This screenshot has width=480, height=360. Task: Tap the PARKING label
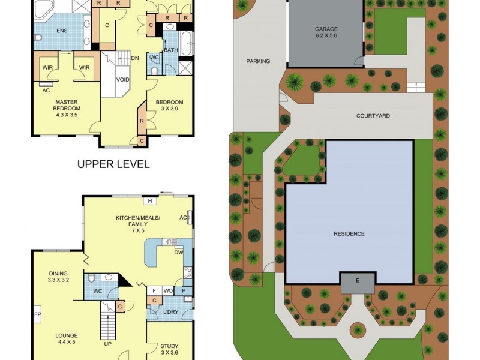258,61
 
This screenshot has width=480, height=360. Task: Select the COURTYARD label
373,116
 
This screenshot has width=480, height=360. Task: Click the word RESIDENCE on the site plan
350,233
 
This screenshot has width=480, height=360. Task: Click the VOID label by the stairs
123,79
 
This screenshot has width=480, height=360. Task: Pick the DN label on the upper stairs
135,58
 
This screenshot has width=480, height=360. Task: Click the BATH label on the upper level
171,50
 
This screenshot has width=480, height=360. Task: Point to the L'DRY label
171,312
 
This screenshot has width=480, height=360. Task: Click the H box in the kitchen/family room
149,201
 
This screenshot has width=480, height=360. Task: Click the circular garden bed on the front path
358,329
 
